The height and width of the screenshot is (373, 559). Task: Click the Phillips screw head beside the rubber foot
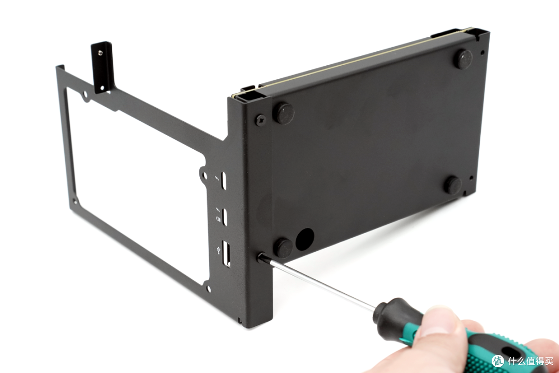(260, 120)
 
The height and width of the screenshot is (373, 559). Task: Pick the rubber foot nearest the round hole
(283, 247)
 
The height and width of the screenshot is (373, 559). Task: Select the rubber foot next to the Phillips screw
(284, 113)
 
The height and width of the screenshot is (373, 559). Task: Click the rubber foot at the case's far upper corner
(463, 59)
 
